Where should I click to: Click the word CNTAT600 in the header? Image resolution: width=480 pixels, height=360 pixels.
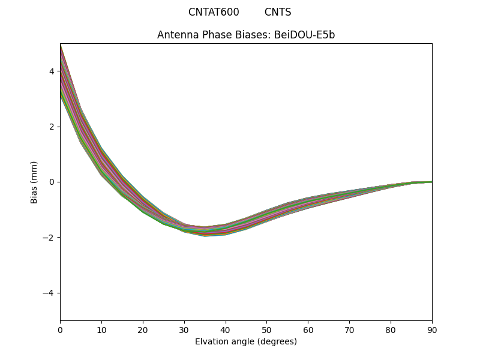[214, 12]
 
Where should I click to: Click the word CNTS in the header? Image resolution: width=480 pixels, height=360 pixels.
[278, 12]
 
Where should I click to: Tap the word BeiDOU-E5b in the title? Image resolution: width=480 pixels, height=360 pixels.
[305, 35]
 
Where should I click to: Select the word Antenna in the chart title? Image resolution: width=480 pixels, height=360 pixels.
[175, 35]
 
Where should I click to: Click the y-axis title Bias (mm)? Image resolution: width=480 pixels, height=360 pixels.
[34, 182]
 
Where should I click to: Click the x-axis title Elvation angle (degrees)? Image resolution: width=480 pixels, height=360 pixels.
[246, 341]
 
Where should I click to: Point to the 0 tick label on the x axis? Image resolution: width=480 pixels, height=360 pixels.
[60, 329]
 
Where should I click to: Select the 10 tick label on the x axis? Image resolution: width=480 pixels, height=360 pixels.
[101, 329]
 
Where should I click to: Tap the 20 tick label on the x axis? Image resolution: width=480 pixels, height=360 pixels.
[143, 329]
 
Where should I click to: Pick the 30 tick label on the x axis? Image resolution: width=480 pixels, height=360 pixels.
[184, 329]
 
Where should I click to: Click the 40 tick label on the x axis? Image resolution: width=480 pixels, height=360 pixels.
[226, 329]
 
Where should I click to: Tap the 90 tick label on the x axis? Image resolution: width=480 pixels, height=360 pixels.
[432, 329]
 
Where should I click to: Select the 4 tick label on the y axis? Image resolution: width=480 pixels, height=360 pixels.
[52, 71]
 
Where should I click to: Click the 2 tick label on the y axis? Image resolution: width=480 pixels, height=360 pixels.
[52, 127]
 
